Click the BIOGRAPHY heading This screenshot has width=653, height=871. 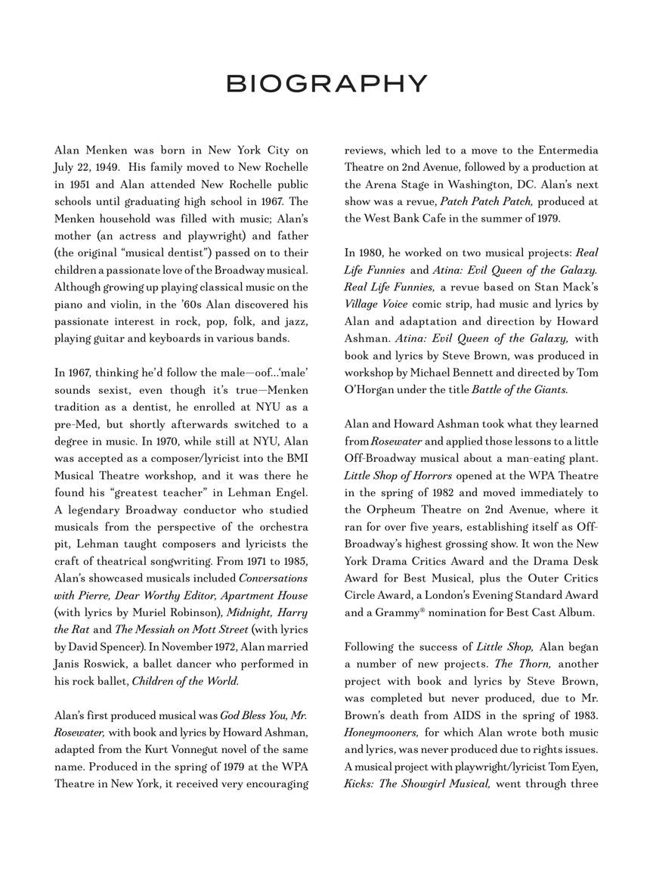point(326,83)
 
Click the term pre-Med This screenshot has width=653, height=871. point(74,424)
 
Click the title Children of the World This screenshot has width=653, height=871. point(185,680)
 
